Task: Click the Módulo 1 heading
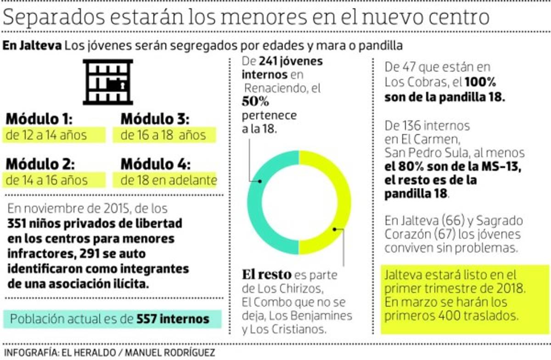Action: (x=39, y=119)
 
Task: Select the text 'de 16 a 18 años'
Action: (x=163, y=135)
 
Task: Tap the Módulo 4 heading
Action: (x=155, y=164)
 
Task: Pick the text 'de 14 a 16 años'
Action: (x=47, y=180)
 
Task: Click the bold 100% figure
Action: (x=481, y=83)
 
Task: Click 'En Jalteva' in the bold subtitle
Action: (x=32, y=46)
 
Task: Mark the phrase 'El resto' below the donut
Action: (x=266, y=275)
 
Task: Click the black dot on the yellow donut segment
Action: (x=335, y=228)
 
